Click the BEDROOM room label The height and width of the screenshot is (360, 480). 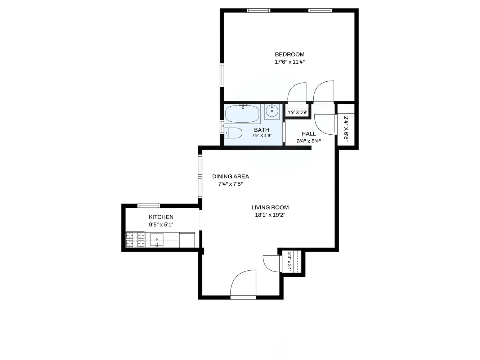pos(290,54)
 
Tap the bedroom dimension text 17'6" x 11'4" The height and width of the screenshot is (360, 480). pos(290,62)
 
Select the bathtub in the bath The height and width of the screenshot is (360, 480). pos(242,114)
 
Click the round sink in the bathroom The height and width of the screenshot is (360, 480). pos(272,111)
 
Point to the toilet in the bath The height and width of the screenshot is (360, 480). pos(233,133)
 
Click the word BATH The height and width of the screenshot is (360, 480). pos(261,130)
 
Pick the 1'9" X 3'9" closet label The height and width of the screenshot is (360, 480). pos(297,112)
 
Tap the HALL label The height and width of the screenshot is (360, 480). pos(309,134)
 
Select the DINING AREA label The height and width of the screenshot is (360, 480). pos(230,176)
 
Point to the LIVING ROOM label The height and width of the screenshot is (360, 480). pos(270,207)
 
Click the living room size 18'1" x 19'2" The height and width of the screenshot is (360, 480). pos(270,215)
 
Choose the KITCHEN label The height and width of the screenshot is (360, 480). pos(161,217)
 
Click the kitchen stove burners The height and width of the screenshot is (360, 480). pos(135,239)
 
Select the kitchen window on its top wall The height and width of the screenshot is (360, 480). pos(149,206)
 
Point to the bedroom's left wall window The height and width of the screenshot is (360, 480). pos(222,75)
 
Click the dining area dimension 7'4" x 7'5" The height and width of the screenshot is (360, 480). pos(230,184)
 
